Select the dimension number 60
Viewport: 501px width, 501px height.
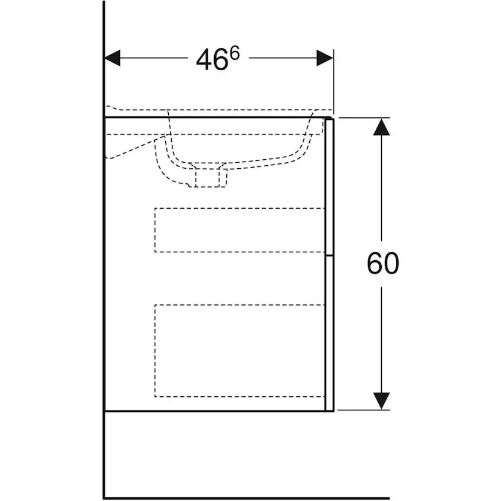point(383,264)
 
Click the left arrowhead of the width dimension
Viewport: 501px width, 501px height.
point(113,58)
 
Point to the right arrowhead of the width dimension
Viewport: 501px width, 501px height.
point(325,58)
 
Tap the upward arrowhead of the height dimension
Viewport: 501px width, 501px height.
point(382,127)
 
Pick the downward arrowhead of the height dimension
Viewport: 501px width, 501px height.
point(382,401)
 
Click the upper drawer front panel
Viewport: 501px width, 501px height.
point(329,187)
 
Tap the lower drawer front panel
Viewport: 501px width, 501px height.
point(329,333)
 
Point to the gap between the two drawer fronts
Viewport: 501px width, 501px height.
point(329,255)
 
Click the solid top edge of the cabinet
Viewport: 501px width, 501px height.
point(215,117)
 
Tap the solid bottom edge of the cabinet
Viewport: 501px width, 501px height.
point(219,411)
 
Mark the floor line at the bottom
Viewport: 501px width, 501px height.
point(247,498)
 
